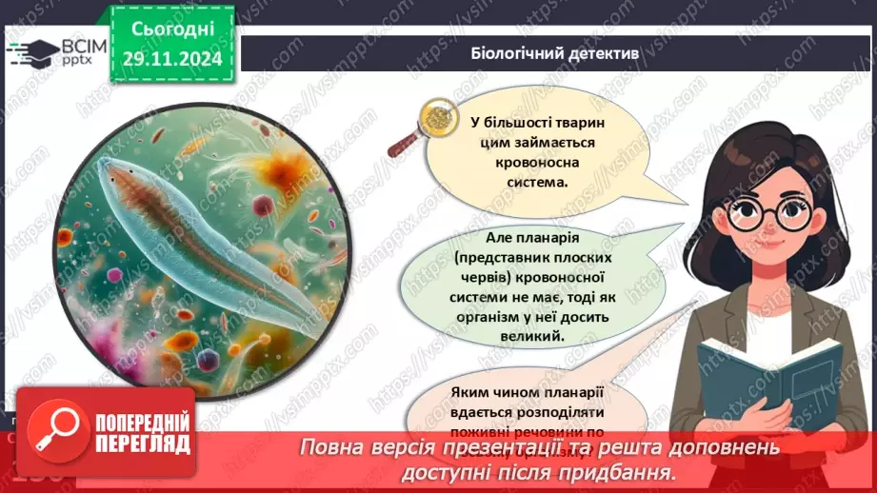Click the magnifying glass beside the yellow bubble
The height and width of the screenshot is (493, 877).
(417, 129)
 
